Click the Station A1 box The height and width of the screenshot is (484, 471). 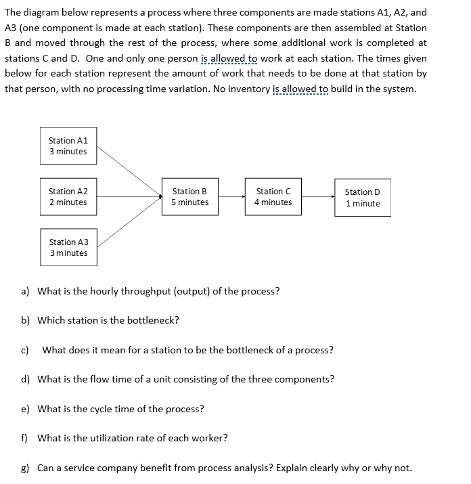68,146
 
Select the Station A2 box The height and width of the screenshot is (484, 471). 68,197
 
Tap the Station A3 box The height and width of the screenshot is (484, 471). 68,248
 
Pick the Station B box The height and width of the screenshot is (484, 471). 189,197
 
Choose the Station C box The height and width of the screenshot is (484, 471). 273,197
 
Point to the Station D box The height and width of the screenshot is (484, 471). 362,198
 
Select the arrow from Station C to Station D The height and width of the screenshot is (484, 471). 318,197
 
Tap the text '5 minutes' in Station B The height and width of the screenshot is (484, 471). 189,202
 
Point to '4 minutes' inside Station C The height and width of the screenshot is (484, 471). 273,202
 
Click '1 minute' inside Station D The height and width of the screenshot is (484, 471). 362,204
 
